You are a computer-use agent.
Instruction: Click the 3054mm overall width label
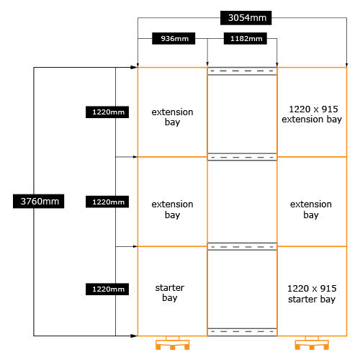[x=246, y=18]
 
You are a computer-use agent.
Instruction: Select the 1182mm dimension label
[x=246, y=38]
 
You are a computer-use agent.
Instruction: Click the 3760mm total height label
[x=39, y=201]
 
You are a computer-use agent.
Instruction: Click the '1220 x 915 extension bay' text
[x=312, y=114]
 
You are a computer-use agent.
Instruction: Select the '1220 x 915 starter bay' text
[x=312, y=294]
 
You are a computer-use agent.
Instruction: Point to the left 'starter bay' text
[x=170, y=293]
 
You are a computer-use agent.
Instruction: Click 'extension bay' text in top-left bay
[x=172, y=117]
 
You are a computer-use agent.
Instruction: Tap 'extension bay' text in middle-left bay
[x=172, y=210]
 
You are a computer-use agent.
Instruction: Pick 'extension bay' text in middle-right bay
[x=311, y=210]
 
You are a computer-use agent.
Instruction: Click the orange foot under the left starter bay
[x=173, y=343]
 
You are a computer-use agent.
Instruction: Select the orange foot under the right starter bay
[x=312, y=343]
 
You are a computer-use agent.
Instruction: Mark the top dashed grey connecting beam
[x=242, y=71]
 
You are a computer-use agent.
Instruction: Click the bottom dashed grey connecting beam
[x=242, y=332]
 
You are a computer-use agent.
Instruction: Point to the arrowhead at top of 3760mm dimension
[x=135, y=68]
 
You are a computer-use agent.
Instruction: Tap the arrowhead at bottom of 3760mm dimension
[x=135, y=336]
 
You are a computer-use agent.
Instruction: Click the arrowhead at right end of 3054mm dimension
[x=346, y=64]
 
